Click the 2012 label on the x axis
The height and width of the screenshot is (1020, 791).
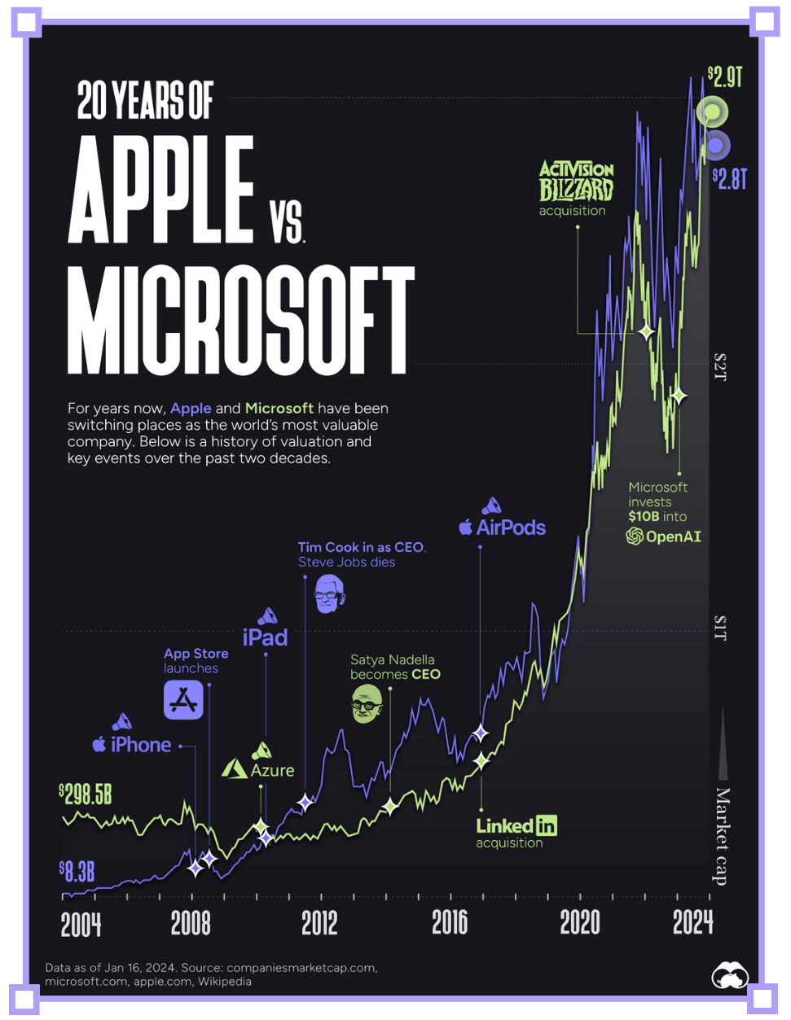(x=319, y=924)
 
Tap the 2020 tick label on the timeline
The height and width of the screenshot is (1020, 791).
(x=580, y=924)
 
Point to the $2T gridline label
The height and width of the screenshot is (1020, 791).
(x=719, y=367)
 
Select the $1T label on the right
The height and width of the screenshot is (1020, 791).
(x=719, y=628)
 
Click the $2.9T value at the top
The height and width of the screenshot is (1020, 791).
(x=724, y=77)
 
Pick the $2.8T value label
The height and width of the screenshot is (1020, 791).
(x=728, y=179)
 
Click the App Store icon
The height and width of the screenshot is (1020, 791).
(x=183, y=700)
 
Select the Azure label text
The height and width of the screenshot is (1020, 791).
(x=272, y=770)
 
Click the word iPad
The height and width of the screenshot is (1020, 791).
(x=266, y=637)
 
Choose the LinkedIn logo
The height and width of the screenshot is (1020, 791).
(x=516, y=826)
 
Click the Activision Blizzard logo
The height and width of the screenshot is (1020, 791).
(x=576, y=181)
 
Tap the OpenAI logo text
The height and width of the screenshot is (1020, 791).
(x=663, y=536)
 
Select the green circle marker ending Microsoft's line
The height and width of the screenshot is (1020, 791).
(x=711, y=112)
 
